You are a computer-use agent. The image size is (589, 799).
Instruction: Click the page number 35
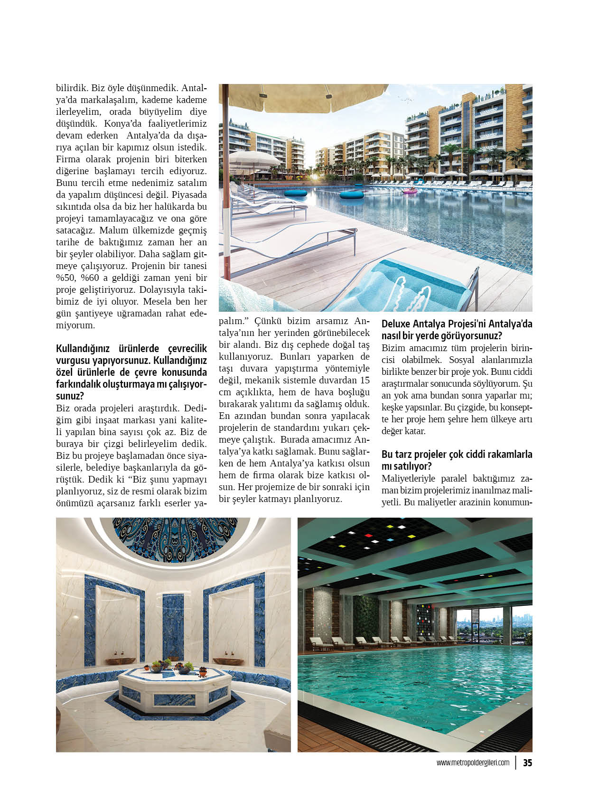[x=527, y=763]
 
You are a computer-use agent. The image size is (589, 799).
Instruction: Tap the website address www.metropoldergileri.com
[x=473, y=763]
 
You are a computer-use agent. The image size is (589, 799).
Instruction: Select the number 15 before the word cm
[x=365, y=380]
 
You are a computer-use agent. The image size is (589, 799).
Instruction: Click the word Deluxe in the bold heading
[x=396, y=324]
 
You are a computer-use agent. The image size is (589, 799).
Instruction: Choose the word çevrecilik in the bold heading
[x=187, y=349]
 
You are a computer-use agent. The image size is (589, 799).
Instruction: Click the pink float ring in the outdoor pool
[x=409, y=191]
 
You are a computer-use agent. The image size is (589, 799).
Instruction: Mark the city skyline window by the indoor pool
[x=494, y=624]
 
